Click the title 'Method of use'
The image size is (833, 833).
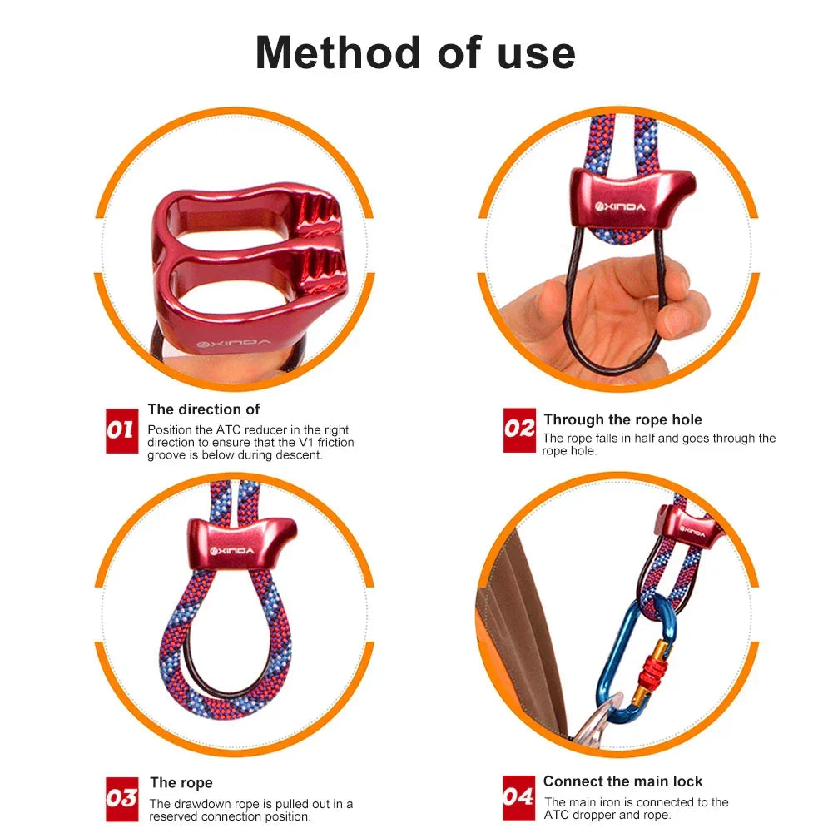(415, 52)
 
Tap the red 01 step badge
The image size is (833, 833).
(121, 430)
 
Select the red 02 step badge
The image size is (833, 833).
(519, 429)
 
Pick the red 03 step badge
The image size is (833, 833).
(121, 799)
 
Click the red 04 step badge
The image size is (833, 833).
(518, 797)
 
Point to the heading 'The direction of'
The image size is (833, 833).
(204, 409)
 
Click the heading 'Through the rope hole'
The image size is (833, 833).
(622, 419)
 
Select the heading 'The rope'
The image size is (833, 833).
(181, 782)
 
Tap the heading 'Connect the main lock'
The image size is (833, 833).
(622, 781)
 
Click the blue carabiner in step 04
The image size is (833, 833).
(620, 657)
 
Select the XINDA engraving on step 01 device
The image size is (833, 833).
(221, 343)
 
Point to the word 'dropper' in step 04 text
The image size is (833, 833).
(594, 815)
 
